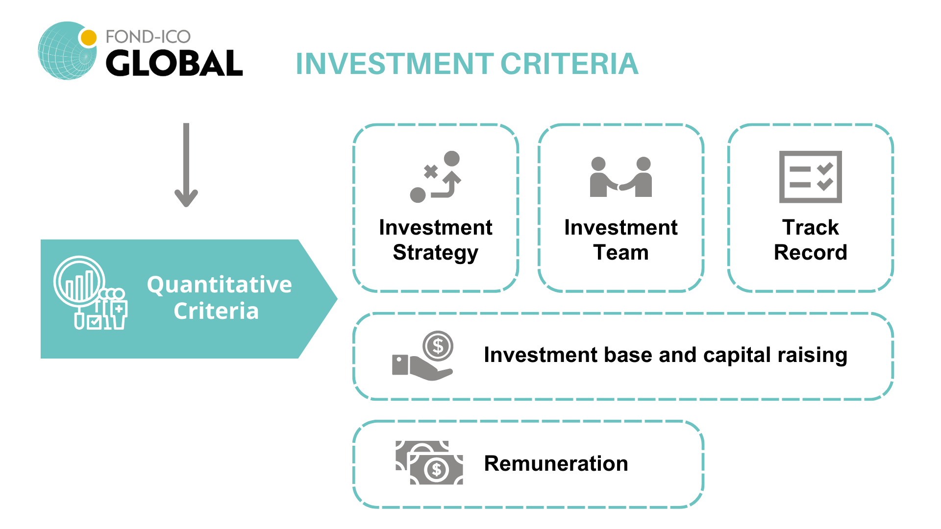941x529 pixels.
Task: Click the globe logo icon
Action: coord(68,50)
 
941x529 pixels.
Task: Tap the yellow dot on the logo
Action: coord(88,38)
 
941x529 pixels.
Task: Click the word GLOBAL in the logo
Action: coord(174,63)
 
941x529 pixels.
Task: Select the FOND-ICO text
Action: coord(148,37)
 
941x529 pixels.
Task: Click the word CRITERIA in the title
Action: coord(570,64)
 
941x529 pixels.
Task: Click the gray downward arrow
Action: coord(186,165)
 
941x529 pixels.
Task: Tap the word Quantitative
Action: coord(220,285)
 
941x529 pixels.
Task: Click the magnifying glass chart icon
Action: coord(90,292)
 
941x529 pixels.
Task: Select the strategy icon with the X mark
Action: coord(436,177)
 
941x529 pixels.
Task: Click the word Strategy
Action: coord(436,253)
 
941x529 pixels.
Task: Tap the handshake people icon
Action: coord(621,177)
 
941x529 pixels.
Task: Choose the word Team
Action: coord(621,253)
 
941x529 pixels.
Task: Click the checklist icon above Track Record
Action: coord(811,177)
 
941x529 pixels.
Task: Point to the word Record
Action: coord(811,253)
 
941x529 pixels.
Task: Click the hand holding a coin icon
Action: coord(423,356)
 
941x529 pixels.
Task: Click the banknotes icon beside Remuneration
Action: coord(429,462)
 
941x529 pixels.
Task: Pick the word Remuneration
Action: coord(556,463)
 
